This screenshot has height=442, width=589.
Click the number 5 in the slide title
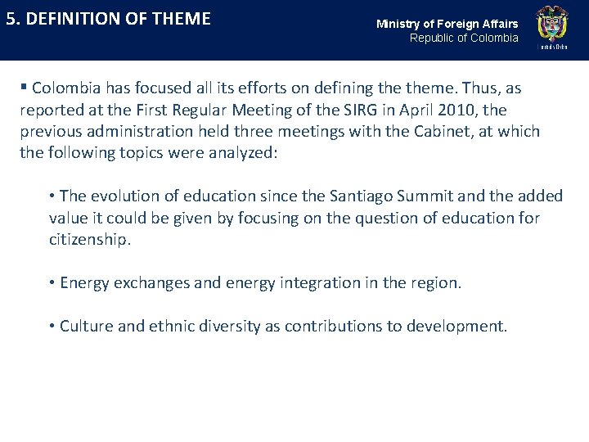click(x=11, y=19)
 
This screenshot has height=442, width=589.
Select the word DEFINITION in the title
click(x=69, y=19)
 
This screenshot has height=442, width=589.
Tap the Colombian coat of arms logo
click(x=551, y=28)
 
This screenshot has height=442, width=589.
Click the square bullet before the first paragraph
click(x=24, y=88)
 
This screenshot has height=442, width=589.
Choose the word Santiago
click(x=353, y=196)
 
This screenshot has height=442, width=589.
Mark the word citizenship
click(x=90, y=240)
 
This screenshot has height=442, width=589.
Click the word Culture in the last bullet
click(x=86, y=326)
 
